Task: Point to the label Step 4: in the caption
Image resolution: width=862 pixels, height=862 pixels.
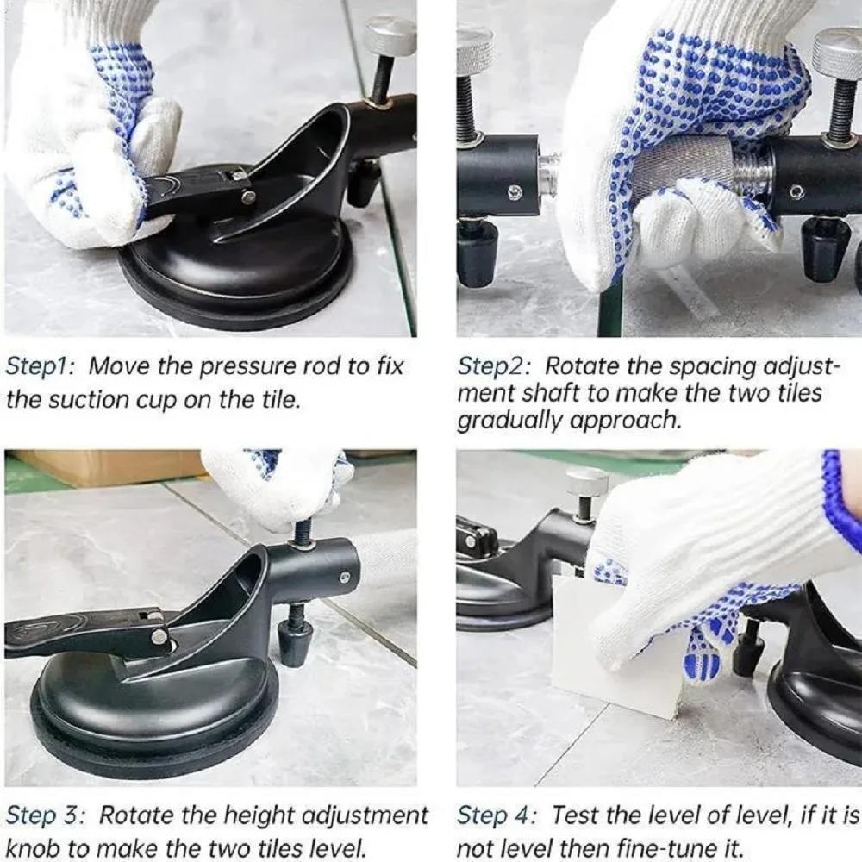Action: [497, 815]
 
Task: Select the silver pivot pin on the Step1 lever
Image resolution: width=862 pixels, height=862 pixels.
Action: [248, 195]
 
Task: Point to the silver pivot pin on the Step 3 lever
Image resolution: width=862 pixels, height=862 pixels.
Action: [160, 637]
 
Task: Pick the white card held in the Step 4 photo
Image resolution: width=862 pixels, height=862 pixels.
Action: [610, 649]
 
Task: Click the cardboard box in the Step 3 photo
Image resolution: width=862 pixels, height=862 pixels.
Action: [105, 467]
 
